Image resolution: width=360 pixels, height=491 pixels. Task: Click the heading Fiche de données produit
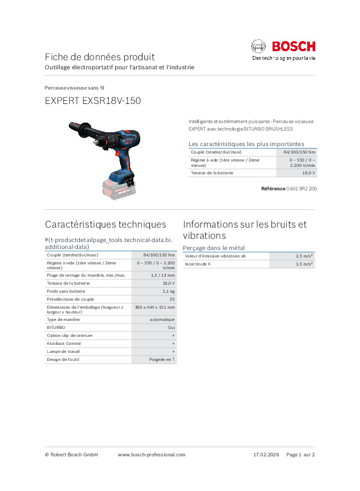(x=100, y=57)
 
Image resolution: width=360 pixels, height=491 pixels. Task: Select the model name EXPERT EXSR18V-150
(x=93, y=100)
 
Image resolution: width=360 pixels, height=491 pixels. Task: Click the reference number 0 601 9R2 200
(x=301, y=189)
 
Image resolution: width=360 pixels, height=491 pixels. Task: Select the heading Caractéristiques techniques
(x=106, y=224)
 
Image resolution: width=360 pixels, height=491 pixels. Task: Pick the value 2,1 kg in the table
(x=169, y=292)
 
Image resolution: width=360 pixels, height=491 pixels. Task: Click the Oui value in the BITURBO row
(x=171, y=327)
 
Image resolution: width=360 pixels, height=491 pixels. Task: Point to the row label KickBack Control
(x=64, y=343)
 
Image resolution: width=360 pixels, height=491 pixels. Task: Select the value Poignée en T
(x=162, y=360)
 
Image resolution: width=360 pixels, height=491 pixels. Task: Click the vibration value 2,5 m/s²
(x=305, y=256)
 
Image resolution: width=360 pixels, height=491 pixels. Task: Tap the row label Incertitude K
(x=198, y=264)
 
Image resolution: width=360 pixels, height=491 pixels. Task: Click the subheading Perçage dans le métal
(x=214, y=248)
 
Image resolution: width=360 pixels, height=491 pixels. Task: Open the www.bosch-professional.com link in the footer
(x=151, y=455)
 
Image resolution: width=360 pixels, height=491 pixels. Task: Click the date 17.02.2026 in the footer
(x=267, y=455)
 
